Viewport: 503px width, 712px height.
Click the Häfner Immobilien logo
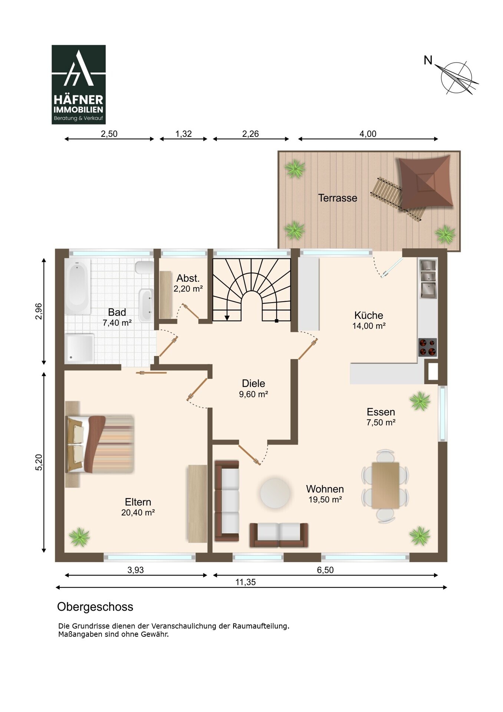click(x=79, y=85)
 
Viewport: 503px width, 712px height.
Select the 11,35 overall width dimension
click(x=246, y=582)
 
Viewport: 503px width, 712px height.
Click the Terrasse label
click(x=337, y=198)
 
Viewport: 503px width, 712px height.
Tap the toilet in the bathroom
click(x=145, y=267)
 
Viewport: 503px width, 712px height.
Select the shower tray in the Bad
click(x=79, y=348)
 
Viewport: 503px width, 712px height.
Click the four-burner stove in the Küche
click(x=427, y=347)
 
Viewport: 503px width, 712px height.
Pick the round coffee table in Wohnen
click(x=275, y=493)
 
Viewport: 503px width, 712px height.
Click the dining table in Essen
click(x=385, y=485)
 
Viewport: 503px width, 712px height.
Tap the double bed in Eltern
click(x=100, y=444)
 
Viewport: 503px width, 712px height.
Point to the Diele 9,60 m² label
click(x=254, y=389)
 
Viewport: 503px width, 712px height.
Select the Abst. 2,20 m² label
click(x=188, y=283)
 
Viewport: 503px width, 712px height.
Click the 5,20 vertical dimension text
click(x=39, y=462)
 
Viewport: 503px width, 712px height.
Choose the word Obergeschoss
click(x=95, y=607)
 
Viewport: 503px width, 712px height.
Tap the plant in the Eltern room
click(x=80, y=537)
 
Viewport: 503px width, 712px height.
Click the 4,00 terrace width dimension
click(x=368, y=139)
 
